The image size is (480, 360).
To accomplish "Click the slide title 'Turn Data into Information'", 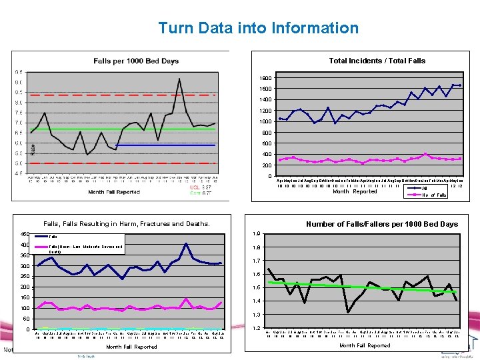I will pos(258,28).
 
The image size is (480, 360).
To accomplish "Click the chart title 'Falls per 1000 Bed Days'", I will pos(136,61).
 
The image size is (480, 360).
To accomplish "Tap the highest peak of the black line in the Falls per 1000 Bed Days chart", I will pos(179,79).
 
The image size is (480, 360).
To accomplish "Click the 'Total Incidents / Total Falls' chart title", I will pos(377,61).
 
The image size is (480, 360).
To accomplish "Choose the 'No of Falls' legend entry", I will pos(434,195).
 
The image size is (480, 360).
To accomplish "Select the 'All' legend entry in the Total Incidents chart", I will pos(425,188).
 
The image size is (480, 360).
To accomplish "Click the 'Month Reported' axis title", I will pos(355,191).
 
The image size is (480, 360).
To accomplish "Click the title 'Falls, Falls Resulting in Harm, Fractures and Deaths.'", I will pos(126,224).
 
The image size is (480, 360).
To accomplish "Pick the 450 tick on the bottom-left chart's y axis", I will pos(25,234).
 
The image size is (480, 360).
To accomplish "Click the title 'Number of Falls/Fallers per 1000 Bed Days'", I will pos(381,224).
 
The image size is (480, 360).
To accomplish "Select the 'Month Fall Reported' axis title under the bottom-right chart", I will pos(365,345).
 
